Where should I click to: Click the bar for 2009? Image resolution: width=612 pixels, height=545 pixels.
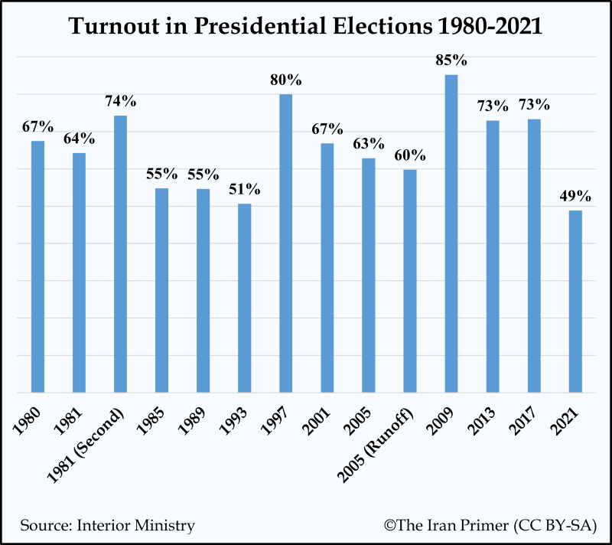click(451, 233)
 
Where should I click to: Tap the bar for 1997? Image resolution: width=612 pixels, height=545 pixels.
click(285, 243)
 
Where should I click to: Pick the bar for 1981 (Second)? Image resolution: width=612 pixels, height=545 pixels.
click(120, 253)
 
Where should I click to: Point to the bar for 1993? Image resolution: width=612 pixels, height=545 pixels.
click(244, 298)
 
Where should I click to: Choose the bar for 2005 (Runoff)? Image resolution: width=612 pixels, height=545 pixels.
click(410, 281)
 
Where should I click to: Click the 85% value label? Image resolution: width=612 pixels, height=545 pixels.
click(451, 60)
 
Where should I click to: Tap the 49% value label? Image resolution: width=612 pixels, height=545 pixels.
click(575, 196)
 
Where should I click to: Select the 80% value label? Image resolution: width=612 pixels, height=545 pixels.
click(285, 80)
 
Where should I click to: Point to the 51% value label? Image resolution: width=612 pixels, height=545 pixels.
click(244, 190)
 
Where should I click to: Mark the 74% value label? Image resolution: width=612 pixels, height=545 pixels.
click(120, 101)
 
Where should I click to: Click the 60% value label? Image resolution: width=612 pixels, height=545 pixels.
click(410, 155)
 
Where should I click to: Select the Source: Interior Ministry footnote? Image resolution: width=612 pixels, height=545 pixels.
click(107, 525)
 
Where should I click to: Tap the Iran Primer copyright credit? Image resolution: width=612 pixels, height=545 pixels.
click(490, 525)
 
